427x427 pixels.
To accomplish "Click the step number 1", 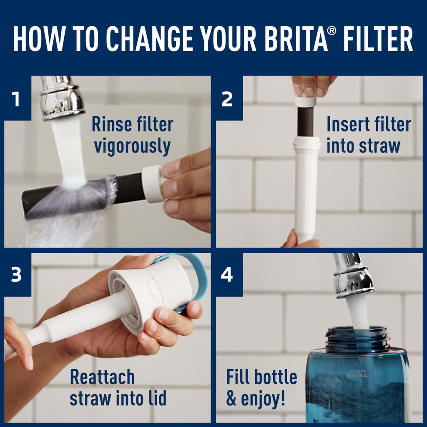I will pos(16,100).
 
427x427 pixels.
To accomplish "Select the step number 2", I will pos(227,100).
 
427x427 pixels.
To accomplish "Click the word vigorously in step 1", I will pos(132,147).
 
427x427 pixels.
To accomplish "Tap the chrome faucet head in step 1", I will pos(62,98).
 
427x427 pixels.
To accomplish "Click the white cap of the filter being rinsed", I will pos(152,184).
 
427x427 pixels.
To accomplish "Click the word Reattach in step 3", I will pos(102,377).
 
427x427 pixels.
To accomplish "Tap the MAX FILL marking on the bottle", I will pos(357,375).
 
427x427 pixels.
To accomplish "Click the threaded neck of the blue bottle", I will pos(358,339).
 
